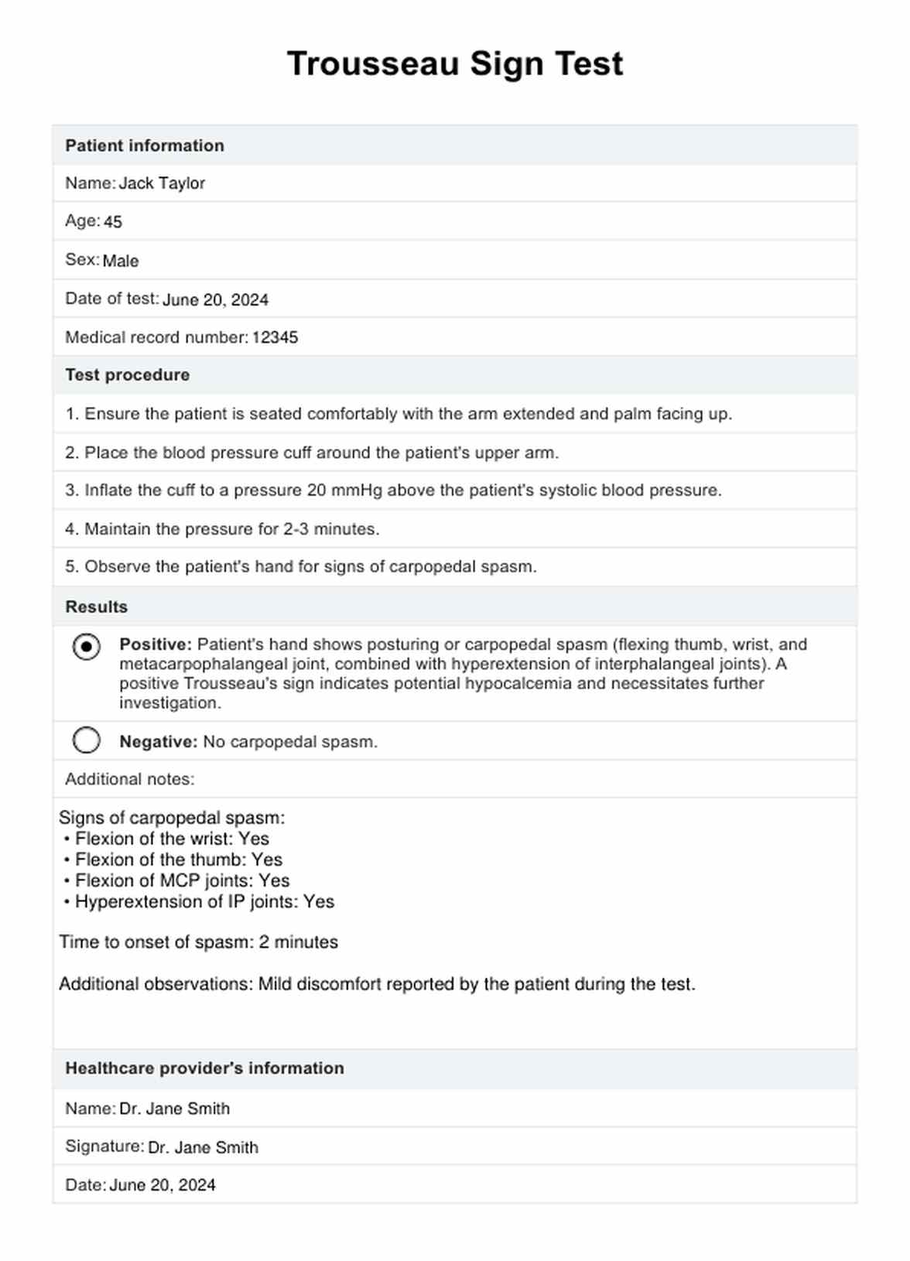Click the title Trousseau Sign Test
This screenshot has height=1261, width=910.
[x=455, y=63]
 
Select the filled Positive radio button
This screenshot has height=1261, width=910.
[x=87, y=646]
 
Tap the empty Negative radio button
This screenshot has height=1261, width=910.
[x=87, y=740]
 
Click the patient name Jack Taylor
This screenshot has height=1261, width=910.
[x=162, y=183]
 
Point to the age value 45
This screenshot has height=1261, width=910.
[x=113, y=222]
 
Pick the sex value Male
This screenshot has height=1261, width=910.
[x=121, y=261]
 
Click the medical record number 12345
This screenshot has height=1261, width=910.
[x=275, y=337]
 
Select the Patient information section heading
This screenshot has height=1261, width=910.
[x=145, y=145]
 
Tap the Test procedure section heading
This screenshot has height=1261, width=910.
[x=128, y=375]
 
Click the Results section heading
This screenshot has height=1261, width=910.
[x=97, y=607]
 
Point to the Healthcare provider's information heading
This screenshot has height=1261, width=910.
[x=204, y=1068]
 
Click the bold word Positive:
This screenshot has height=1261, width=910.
[x=156, y=644]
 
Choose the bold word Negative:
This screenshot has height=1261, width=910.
[x=159, y=742]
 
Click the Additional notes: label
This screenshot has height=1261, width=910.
[x=130, y=779]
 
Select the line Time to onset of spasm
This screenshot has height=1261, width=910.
[x=199, y=942]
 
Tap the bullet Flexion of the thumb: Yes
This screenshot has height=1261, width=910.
[x=179, y=859]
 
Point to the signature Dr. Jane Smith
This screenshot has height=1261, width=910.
[x=203, y=1148]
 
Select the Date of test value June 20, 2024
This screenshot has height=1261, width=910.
[x=215, y=300]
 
